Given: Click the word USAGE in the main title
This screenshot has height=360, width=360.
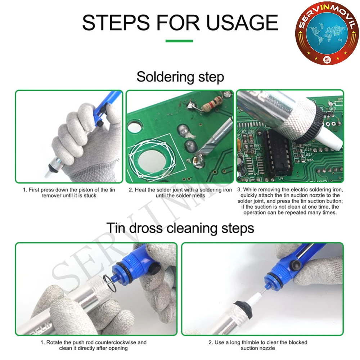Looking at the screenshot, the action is (x=242, y=22).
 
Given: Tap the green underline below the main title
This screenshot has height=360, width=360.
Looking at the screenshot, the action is (x=179, y=41).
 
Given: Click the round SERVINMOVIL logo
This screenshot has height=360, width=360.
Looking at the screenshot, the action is (x=327, y=33).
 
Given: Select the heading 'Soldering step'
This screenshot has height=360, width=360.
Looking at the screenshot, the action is (x=180, y=77).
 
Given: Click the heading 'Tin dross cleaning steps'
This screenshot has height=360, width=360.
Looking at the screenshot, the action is (x=180, y=228).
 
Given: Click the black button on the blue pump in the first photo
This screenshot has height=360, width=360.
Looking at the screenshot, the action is (x=100, y=123).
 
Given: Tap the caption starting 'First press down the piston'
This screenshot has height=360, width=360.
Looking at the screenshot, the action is (x=69, y=193).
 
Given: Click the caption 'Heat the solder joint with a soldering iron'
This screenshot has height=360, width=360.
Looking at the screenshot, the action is (x=180, y=193).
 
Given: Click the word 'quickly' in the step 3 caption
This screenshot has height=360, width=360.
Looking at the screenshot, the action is (x=249, y=195).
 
